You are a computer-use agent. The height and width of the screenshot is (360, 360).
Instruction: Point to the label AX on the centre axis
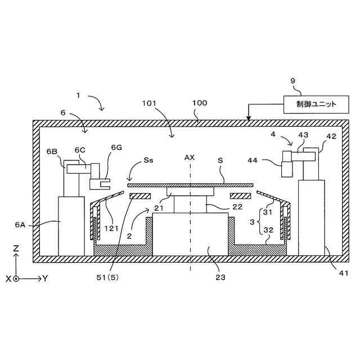(x=190, y=157)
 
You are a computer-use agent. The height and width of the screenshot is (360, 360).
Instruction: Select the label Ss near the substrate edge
(x=148, y=160)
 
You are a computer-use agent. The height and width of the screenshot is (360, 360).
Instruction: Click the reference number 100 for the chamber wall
(x=200, y=103)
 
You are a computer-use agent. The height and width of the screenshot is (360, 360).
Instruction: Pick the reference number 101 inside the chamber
(x=149, y=103)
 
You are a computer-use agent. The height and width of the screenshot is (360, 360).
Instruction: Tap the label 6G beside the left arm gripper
(x=116, y=147)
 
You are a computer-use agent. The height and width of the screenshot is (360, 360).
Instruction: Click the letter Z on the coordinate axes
(x=16, y=248)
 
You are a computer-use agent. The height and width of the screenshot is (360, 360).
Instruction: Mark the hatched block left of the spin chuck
(x=139, y=196)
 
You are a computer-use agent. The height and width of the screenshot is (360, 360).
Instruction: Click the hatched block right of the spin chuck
(x=240, y=196)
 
